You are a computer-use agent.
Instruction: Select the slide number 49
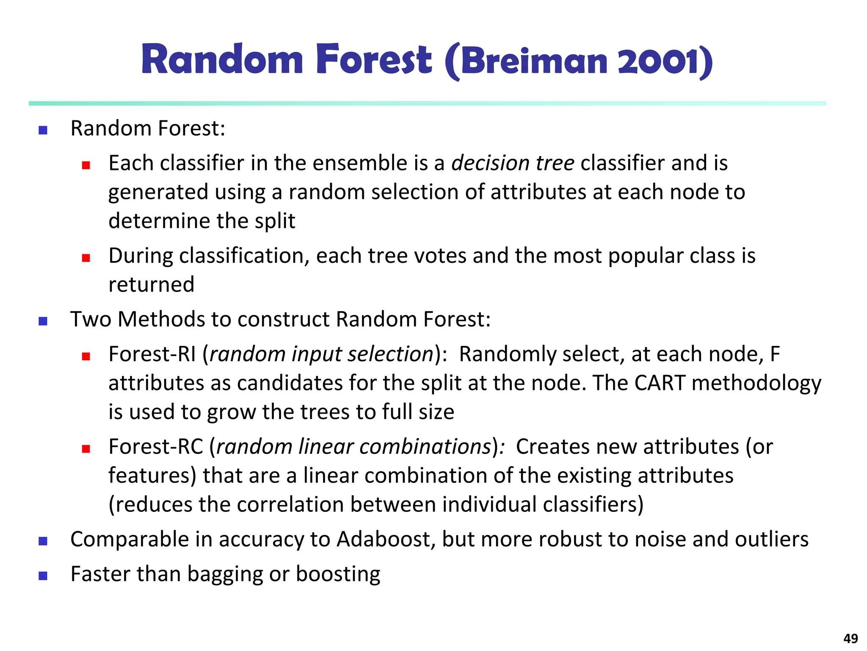coord(850,638)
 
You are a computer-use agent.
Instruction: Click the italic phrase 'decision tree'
coord(513,163)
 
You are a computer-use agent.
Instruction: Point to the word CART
coord(660,383)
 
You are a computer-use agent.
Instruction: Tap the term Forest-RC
coord(156,447)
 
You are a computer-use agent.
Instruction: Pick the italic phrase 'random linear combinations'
coord(353,447)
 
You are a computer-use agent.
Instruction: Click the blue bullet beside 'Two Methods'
coord(43,321)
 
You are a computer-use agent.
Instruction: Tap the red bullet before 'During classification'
coord(86,258)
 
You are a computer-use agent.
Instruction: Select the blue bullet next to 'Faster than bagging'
coord(43,576)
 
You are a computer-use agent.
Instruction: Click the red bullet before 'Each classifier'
coord(86,165)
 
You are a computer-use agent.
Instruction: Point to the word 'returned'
coord(151,284)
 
